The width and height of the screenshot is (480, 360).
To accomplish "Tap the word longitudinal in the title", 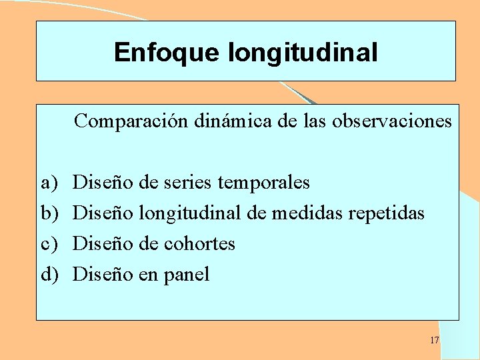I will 303,52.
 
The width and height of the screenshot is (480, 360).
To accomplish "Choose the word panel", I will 184,275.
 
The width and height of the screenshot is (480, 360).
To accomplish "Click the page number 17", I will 434,340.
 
